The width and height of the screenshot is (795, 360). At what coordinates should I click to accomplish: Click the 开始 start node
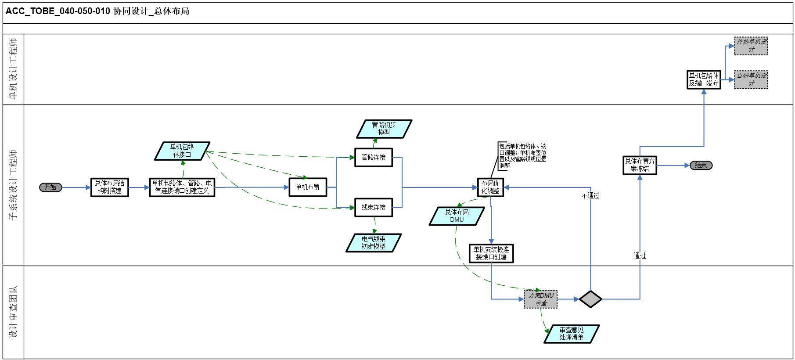50,187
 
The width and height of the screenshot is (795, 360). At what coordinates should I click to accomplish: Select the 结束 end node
701,166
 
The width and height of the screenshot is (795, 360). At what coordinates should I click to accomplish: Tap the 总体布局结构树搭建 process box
110,187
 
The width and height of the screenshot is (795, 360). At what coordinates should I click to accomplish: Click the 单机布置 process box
308,187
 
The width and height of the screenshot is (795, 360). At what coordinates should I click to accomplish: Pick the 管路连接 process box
374,158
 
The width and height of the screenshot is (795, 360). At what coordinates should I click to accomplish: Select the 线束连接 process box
374,207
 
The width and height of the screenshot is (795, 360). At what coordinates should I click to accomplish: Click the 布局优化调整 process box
490,187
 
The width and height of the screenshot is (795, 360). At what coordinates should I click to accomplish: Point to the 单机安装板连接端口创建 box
491,253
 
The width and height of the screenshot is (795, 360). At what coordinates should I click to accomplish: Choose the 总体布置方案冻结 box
640,165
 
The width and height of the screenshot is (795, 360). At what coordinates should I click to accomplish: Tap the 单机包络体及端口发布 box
704,79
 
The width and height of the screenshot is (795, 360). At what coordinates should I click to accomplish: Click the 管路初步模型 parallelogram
384,129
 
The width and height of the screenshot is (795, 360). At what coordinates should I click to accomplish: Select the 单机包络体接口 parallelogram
182,151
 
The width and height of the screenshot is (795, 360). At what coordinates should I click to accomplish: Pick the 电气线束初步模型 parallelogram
374,243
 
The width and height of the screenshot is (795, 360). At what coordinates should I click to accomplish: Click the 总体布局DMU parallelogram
457,216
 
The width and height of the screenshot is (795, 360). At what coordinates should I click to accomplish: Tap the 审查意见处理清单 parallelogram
572,334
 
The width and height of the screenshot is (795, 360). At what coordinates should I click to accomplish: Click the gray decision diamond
590,299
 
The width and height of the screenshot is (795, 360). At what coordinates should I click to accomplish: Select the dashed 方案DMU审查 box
540,299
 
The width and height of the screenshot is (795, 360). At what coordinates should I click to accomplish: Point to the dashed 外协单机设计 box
751,46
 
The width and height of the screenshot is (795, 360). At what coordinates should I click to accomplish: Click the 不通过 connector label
590,196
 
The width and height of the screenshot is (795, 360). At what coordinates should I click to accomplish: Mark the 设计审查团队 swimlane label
13,312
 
